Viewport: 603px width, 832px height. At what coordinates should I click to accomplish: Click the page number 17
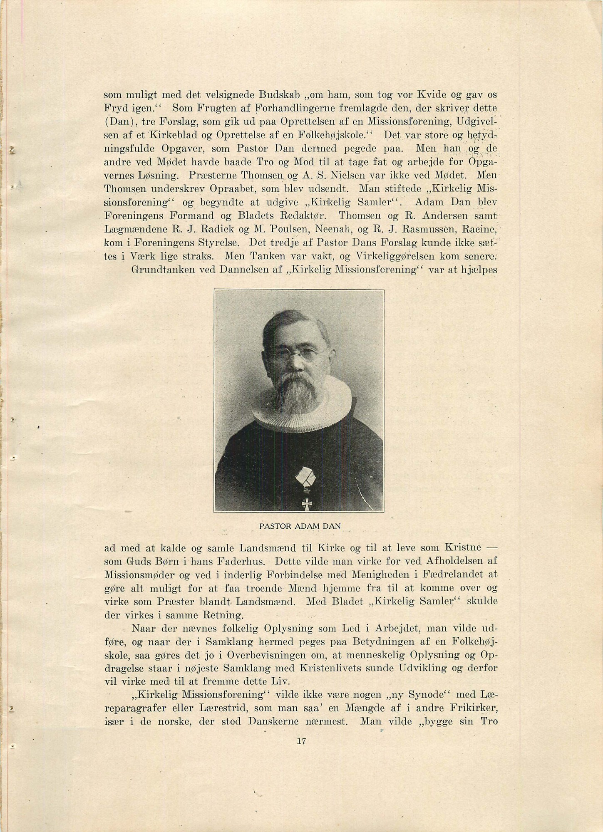pos(302,740)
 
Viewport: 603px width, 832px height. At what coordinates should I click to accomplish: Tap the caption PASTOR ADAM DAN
pos(300,526)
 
